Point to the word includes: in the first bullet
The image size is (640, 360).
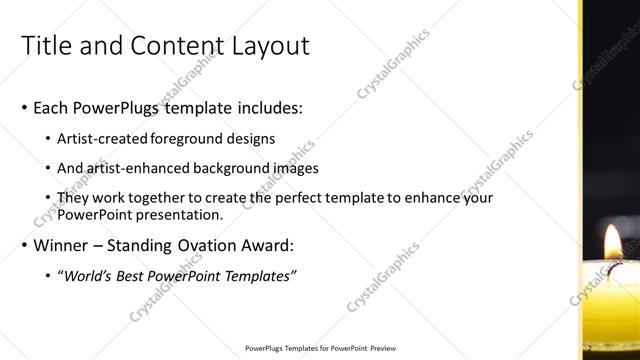(x=263, y=107)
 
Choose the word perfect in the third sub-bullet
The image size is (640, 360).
(x=284, y=198)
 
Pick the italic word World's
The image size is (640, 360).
(x=89, y=276)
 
